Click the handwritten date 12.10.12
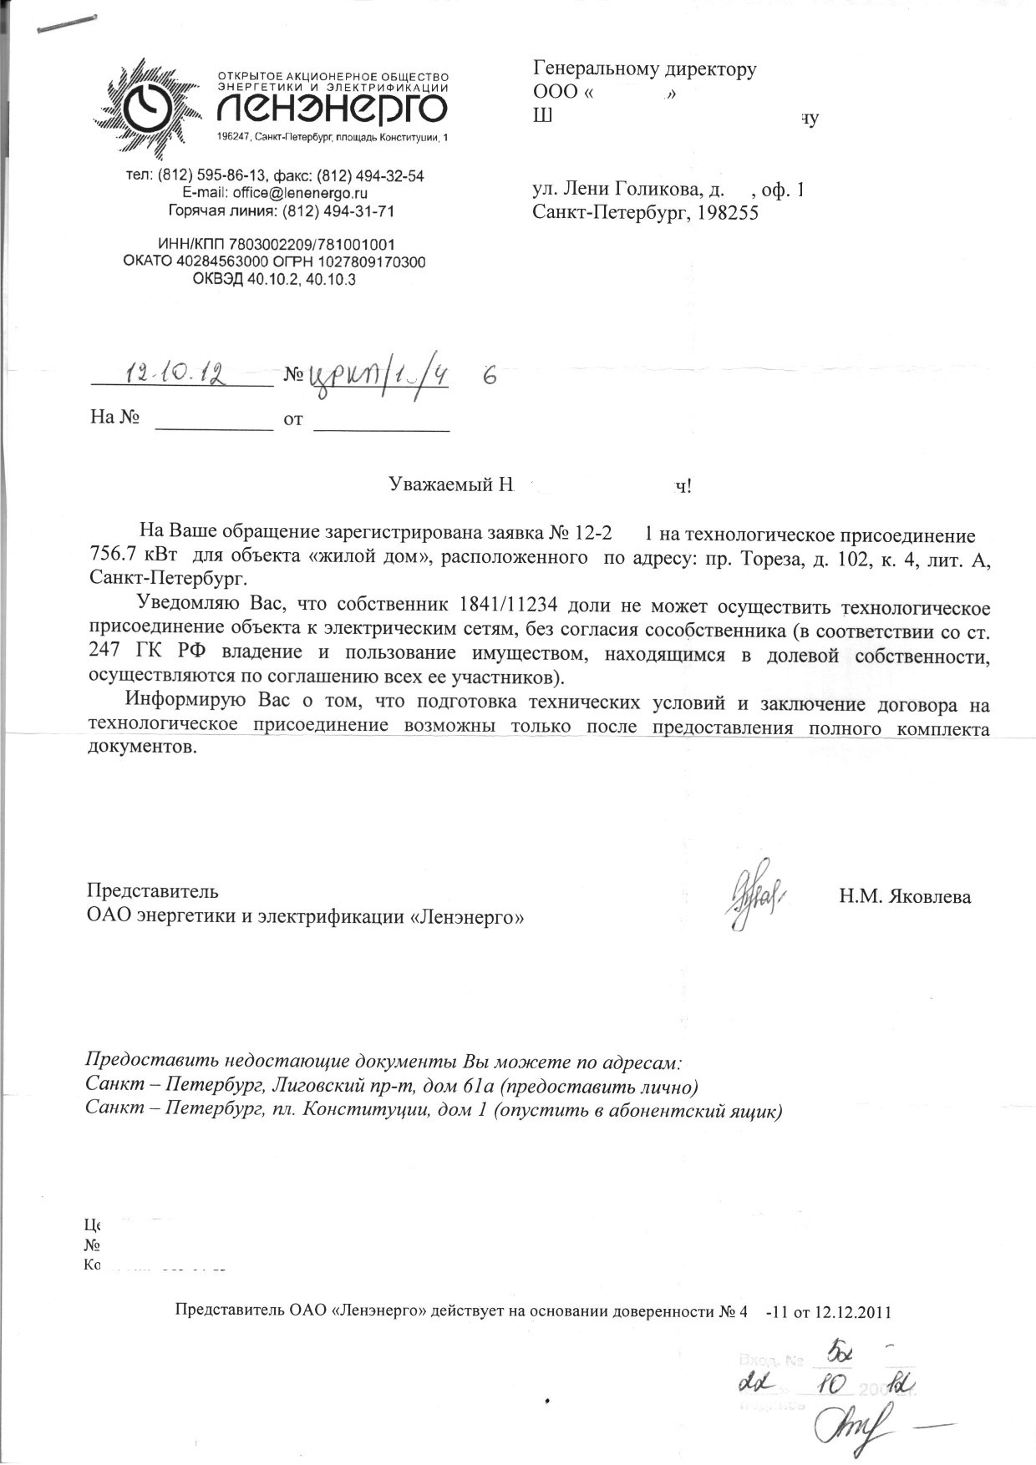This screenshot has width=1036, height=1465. tap(178, 373)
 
